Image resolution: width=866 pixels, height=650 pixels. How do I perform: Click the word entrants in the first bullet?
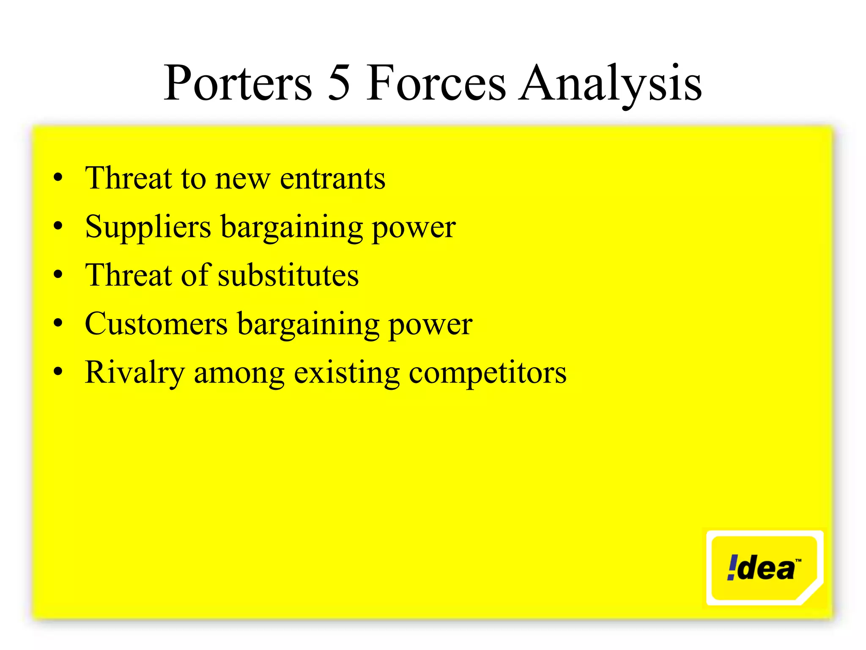click(x=332, y=179)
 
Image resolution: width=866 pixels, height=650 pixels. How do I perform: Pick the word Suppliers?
click(x=148, y=228)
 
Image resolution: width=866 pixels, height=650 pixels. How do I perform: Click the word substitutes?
click(x=288, y=276)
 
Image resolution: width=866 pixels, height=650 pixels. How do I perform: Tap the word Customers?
click(x=156, y=324)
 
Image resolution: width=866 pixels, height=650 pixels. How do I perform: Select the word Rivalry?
click(x=134, y=373)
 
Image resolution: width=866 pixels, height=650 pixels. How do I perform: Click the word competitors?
click(x=487, y=373)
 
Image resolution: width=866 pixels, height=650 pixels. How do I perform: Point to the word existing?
click(x=346, y=373)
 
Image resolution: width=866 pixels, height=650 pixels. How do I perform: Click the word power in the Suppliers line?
click(x=414, y=229)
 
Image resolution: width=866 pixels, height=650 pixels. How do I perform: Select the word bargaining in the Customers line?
click(x=308, y=325)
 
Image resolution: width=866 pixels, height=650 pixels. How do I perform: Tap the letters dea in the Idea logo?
click(x=766, y=569)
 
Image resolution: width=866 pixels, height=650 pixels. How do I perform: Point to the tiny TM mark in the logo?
click(x=798, y=560)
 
